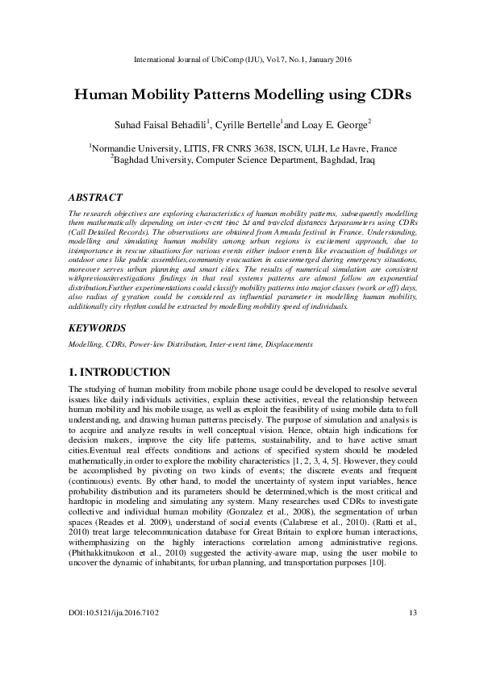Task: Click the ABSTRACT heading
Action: click(92, 198)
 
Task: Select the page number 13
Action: click(413, 636)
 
